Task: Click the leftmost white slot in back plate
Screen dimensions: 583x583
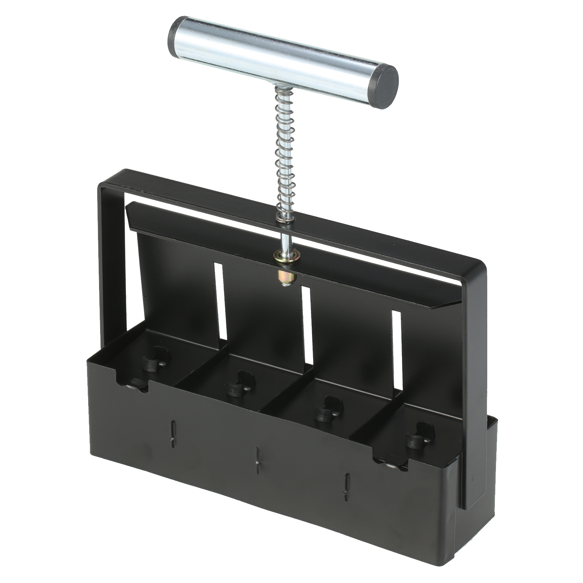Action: pos(220,303)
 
